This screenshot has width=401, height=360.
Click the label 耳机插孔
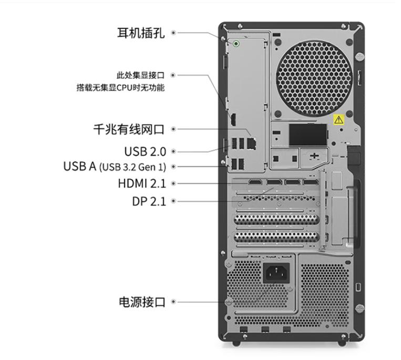click(x=141, y=33)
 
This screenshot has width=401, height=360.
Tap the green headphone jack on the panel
click(x=236, y=44)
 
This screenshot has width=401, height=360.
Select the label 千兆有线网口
click(x=129, y=129)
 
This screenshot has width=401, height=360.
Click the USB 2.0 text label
click(x=145, y=151)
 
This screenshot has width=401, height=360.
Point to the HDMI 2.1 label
click(x=142, y=183)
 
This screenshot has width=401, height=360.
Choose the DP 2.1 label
click(x=149, y=201)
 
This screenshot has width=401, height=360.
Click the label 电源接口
click(x=142, y=302)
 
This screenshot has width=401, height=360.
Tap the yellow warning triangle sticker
click(x=339, y=120)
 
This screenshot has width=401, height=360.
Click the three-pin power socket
click(x=276, y=273)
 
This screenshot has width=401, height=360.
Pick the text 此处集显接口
click(x=140, y=76)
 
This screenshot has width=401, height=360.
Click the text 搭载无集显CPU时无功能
click(x=120, y=88)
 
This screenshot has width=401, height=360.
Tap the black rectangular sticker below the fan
click(x=308, y=135)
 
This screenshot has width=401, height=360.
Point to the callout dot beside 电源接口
click(x=173, y=302)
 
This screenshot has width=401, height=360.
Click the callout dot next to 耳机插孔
click(x=173, y=33)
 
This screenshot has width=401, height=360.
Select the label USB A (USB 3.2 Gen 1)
click(x=115, y=167)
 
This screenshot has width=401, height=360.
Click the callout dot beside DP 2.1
click(x=173, y=201)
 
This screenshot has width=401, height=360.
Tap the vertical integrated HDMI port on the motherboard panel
click(x=233, y=119)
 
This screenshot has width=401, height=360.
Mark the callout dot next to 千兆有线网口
click(x=173, y=129)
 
